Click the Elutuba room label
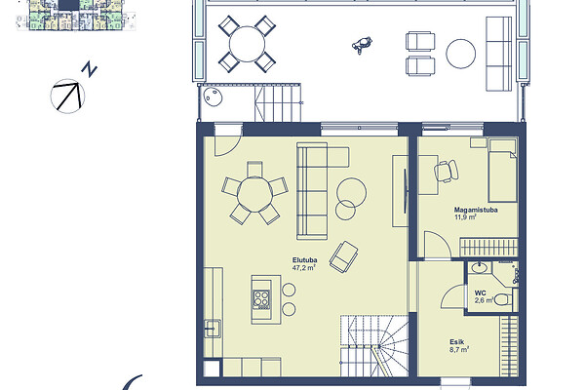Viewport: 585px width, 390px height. (x=305, y=260)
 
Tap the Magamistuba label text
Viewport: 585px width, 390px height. (x=476, y=210)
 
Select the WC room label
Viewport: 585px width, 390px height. (x=480, y=292)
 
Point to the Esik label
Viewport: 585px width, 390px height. (x=457, y=342)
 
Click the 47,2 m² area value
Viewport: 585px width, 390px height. (x=304, y=267)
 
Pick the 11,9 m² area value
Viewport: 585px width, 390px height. (x=465, y=216)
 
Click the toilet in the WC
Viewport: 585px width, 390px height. (x=505, y=299)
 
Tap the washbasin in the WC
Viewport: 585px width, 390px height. (x=479, y=267)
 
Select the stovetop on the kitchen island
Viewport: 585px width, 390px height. (x=261, y=298)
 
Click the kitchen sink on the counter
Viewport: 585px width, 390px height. (x=213, y=329)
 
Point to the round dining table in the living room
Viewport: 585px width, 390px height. (x=254, y=194)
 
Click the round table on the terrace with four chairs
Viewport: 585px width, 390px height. (x=247, y=44)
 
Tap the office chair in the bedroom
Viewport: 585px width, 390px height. (x=447, y=172)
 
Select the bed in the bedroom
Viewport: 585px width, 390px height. (x=502, y=171)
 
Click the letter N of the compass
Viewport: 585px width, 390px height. (x=90, y=69)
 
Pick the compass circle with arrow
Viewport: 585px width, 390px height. (x=67, y=96)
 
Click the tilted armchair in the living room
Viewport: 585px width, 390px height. (x=343, y=256)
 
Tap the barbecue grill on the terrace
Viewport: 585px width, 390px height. (x=362, y=45)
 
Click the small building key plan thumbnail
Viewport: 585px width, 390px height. (x=76, y=15)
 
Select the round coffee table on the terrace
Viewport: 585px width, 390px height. (x=461, y=54)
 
